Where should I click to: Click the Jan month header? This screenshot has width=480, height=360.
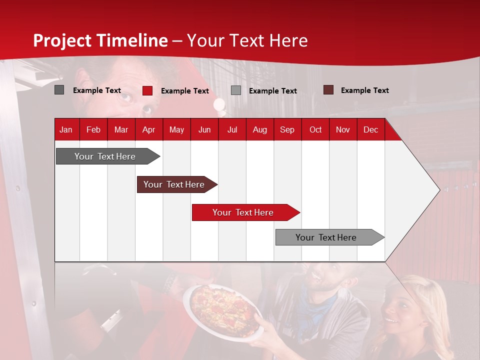[x=66, y=129]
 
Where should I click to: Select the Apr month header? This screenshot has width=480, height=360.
[x=148, y=129]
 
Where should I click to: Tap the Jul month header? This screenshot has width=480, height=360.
[x=232, y=129]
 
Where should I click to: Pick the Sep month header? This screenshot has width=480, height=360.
[x=287, y=129]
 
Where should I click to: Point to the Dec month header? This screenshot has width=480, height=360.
[x=370, y=129]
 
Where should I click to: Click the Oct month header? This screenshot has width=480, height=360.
[x=315, y=129]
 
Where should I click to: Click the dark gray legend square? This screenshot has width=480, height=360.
[x=59, y=90]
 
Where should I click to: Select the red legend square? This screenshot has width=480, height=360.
[x=147, y=90]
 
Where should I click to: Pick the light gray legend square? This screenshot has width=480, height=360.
[x=236, y=90]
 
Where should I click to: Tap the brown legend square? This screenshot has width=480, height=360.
[x=328, y=90]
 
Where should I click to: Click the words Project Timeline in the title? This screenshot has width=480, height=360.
[x=100, y=40]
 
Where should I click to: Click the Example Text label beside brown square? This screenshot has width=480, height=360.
[x=364, y=90]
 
